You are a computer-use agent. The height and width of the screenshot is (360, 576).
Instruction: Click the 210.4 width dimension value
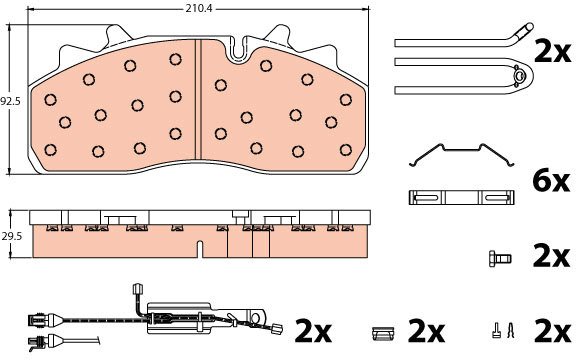(x=199, y=8)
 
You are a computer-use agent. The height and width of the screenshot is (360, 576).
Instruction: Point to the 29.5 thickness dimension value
(x=11, y=236)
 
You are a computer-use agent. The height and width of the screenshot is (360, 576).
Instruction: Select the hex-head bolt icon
(x=500, y=258)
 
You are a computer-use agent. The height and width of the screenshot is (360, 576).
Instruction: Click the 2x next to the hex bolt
(x=551, y=258)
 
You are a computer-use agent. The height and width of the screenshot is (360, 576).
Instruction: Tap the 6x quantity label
(x=551, y=182)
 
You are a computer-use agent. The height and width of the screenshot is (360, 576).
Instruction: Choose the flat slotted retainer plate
(x=461, y=198)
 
